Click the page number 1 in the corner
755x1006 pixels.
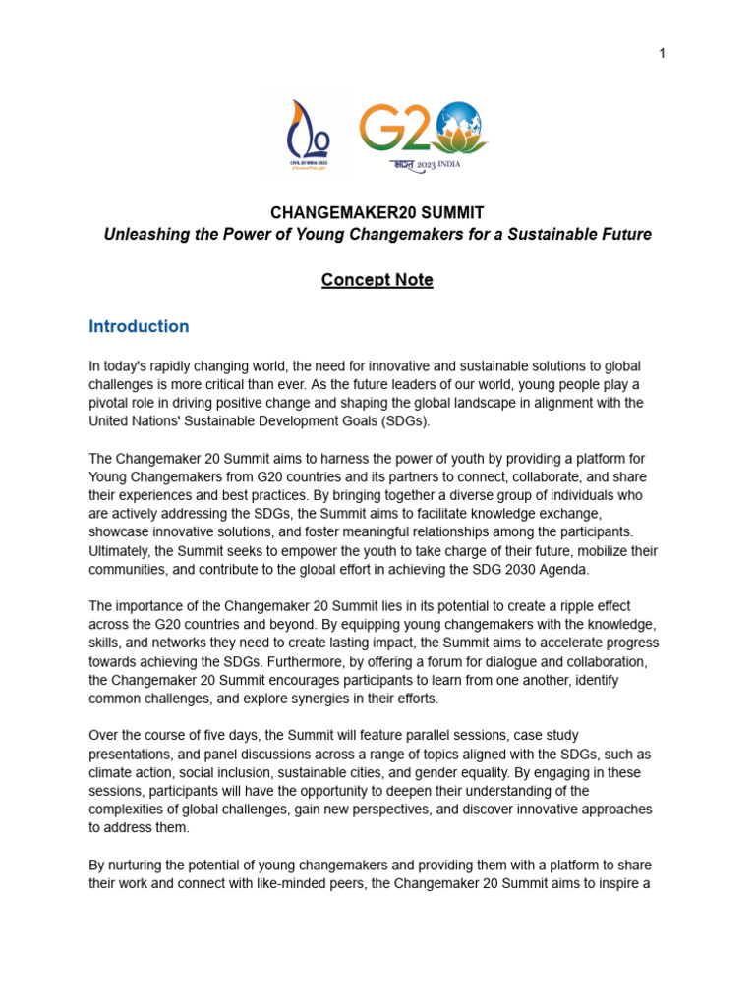663,53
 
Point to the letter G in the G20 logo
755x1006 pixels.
379,129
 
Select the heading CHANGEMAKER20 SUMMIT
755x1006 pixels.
377,213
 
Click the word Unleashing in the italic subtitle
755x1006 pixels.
144,235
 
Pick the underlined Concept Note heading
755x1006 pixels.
377,280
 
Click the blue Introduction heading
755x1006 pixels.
139,326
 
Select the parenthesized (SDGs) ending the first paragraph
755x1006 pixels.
403,421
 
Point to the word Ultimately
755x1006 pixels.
123,551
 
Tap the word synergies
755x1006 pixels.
360,699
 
